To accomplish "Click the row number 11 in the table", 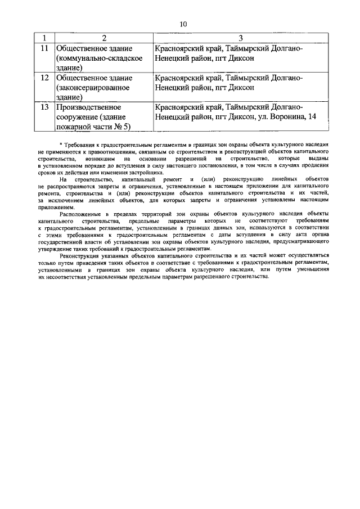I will tap(43, 48).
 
